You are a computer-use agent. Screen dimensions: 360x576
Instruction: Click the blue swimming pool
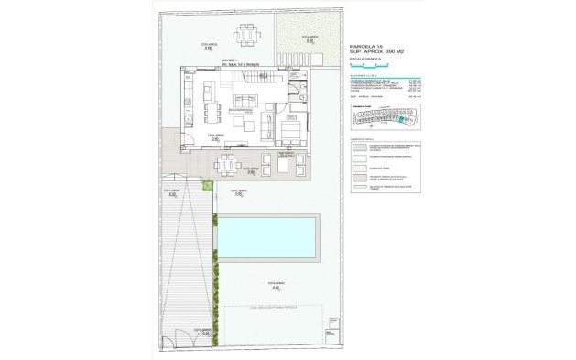267,236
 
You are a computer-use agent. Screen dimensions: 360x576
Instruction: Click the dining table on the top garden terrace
248,35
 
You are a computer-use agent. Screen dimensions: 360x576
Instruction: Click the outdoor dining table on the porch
226,166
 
